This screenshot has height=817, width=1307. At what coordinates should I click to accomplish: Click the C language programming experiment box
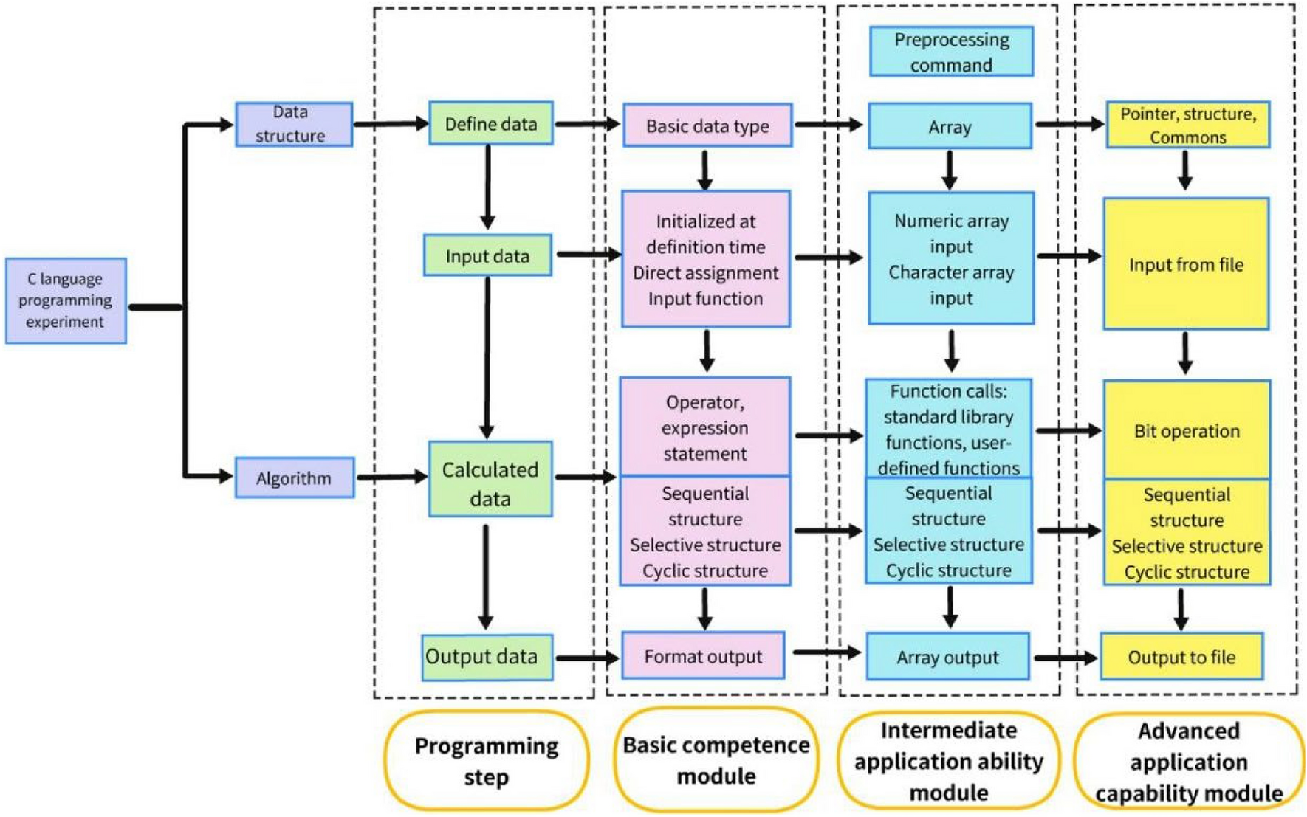tap(66, 300)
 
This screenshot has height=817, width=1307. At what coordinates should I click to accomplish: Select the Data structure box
tap(293, 124)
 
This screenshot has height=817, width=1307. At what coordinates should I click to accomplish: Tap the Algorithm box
tap(294, 478)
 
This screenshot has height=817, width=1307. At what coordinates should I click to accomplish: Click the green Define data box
tap(490, 123)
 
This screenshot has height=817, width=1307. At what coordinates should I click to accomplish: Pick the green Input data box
tap(487, 255)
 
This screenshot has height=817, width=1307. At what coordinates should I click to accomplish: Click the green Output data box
tap(487, 657)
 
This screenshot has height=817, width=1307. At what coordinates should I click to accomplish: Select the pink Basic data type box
tap(707, 125)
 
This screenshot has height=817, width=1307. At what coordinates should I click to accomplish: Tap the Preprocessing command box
tap(950, 52)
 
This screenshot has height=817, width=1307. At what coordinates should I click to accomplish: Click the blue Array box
tap(949, 127)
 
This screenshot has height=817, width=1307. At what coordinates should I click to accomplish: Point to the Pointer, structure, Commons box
tap(1187, 125)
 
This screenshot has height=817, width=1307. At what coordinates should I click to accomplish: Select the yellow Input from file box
tap(1185, 264)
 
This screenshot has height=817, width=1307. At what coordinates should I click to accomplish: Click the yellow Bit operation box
tap(1186, 431)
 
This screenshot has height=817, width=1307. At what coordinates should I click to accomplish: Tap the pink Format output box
tap(702, 656)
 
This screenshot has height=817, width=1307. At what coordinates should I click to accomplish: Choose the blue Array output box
tap(947, 657)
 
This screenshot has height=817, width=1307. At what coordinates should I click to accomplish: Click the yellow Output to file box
tap(1181, 657)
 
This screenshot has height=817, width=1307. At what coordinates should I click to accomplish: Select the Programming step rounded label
tap(486, 761)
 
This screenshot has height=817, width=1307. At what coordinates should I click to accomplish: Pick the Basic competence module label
tap(716, 760)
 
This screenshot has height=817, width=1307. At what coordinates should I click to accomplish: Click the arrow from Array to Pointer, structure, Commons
tap(1068, 124)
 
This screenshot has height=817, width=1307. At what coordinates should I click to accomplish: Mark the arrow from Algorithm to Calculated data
tap(391, 478)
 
